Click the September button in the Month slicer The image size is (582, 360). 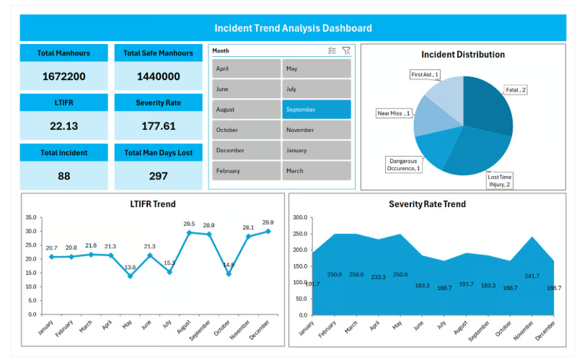tap(316, 110)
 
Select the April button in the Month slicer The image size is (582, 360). tap(246, 69)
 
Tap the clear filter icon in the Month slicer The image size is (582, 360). tap(346, 51)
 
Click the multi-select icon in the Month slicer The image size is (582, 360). tap(332, 51)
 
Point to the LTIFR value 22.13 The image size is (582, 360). tap(63, 126)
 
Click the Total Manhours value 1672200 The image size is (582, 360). tap(63, 76)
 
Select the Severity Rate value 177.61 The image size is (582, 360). tap(158, 126)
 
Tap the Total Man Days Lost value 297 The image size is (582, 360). tap(158, 176)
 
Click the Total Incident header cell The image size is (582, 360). tap(63, 153)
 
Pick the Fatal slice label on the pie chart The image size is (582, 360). tap(516, 89)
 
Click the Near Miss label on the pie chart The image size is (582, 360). tap(394, 113)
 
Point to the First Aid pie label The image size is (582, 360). tap(425, 74)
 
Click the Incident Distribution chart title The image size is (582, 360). tap(463, 55)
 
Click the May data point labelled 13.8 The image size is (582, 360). tap(130, 276)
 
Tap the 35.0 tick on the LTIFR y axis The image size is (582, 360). tap(31, 217)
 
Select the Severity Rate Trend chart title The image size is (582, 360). tap(427, 204)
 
